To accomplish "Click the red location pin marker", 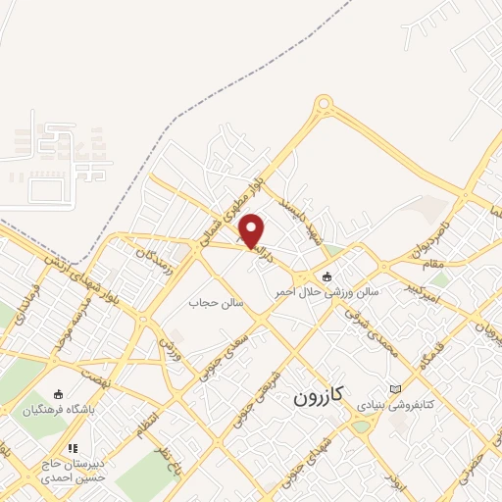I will [x=252, y=229].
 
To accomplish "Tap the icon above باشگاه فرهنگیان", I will [x=58, y=396].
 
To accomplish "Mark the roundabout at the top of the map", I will [x=325, y=105].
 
